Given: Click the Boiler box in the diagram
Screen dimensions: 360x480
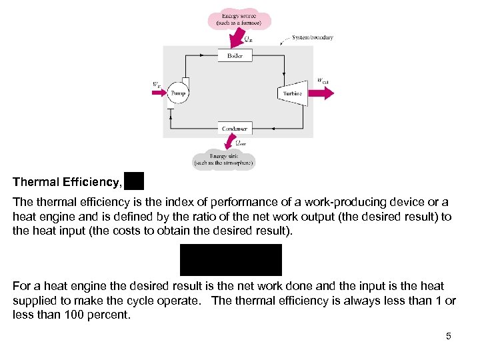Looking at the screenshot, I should pyautogui.click(x=235, y=56).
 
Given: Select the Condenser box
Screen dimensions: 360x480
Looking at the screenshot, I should pyautogui.click(x=235, y=128).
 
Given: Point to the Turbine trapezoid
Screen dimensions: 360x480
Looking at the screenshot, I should pyautogui.click(x=291, y=93).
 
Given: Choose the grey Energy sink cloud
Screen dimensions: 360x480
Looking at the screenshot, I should pyautogui.click(x=224, y=159).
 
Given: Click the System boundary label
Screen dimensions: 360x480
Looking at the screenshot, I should pyautogui.click(x=313, y=38).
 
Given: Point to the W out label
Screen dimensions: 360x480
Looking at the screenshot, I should pyautogui.click(x=323, y=81).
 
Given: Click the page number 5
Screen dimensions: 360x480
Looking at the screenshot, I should pyautogui.click(x=449, y=336).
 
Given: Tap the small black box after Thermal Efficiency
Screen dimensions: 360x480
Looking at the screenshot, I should pyautogui.click(x=133, y=181).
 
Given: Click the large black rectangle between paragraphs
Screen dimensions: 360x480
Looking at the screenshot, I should pyautogui.click(x=231, y=259).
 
